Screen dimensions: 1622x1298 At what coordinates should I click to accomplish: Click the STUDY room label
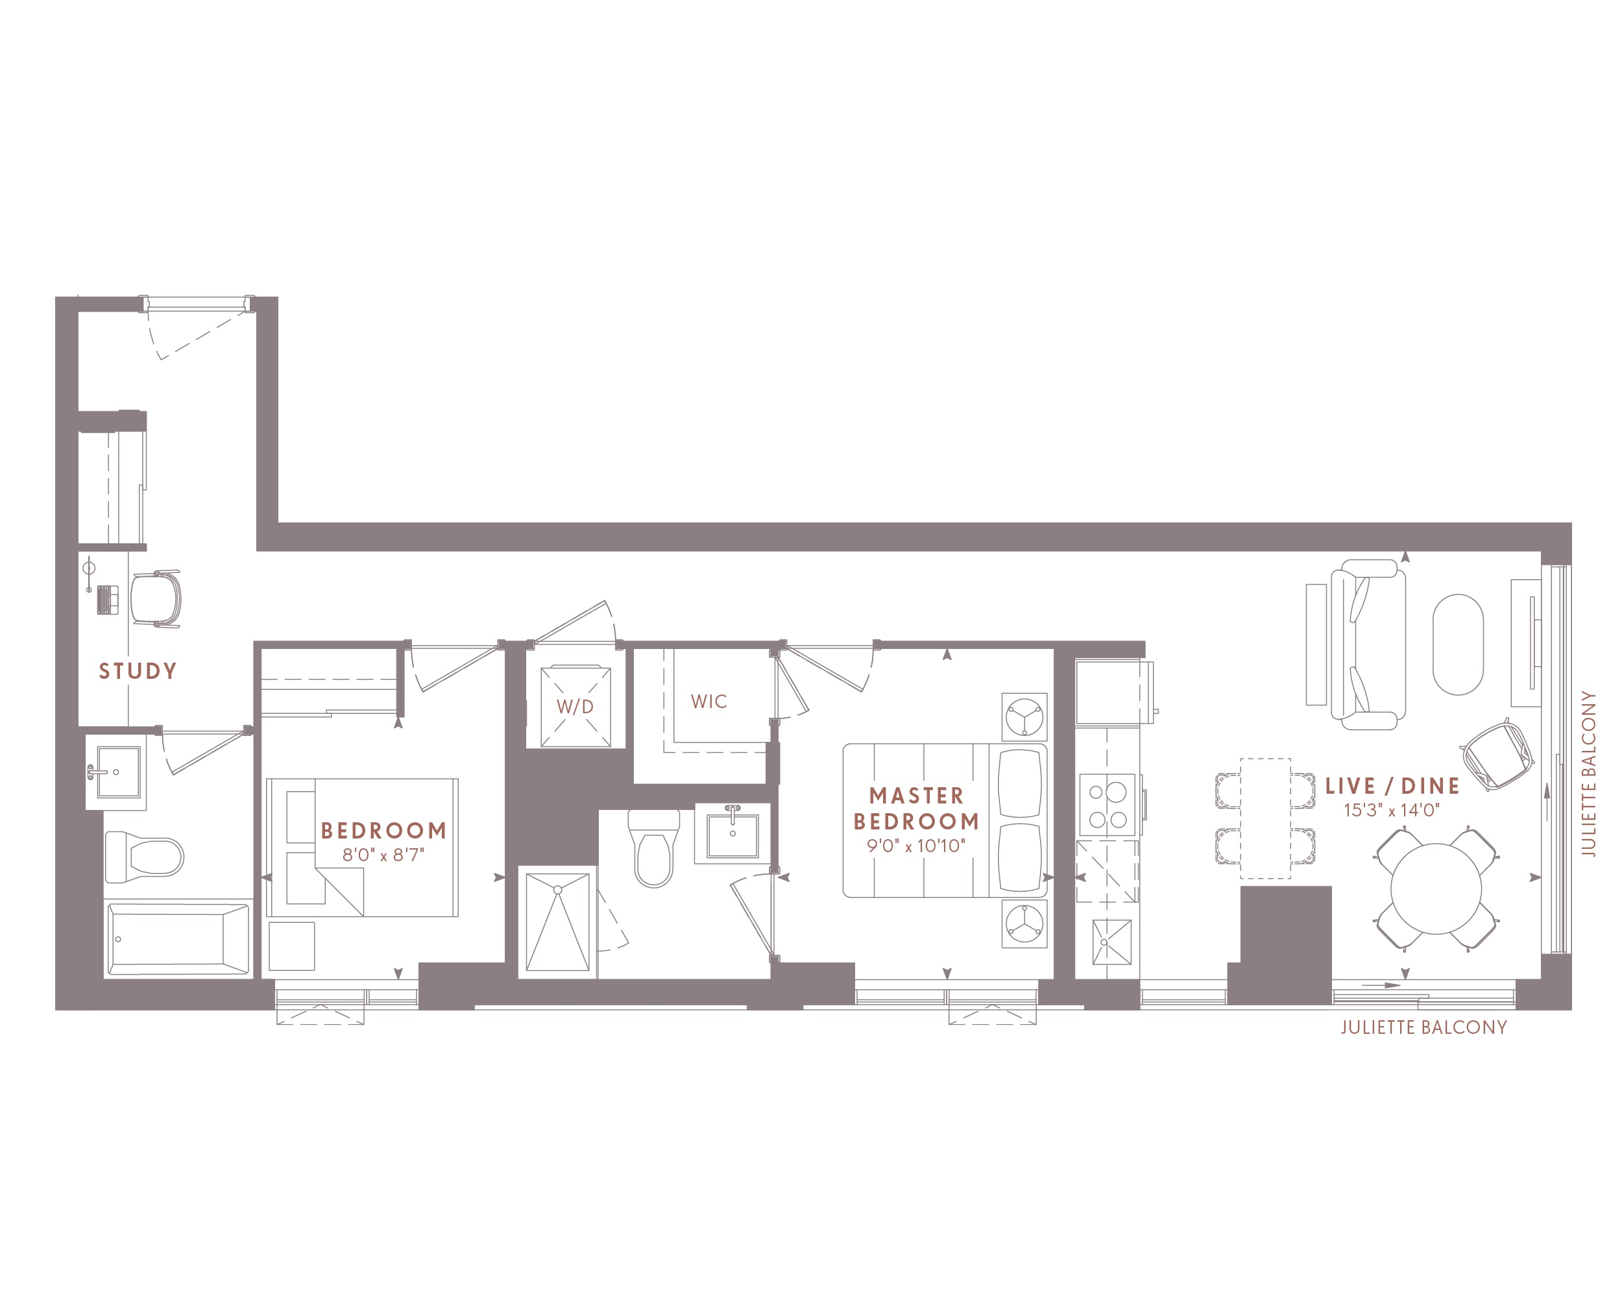pos(138,670)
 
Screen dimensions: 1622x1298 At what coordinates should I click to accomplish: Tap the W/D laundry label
pos(575,707)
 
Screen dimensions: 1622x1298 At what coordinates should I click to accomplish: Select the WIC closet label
pos(708,702)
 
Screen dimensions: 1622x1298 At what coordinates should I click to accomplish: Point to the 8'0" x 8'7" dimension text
pos(383,854)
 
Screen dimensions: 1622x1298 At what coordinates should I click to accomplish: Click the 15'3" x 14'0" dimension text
pos(1392,810)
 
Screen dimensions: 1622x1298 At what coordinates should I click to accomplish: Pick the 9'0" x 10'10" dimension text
pos(915,846)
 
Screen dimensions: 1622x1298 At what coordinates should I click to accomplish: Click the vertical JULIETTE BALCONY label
pos(1588,774)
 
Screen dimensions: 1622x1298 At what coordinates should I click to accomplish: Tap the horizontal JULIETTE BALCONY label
pos(1423,1027)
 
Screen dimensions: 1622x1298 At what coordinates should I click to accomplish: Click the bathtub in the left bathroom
pos(178,939)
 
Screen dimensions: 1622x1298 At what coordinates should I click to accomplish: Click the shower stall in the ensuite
pos(557,922)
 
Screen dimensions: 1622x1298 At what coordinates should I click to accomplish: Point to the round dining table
pos(1436,888)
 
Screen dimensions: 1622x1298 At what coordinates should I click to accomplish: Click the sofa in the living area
pos(1368,644)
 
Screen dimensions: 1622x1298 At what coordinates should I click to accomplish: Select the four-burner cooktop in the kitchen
pos(1108,805)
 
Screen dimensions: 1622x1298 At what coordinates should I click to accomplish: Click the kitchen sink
pos(1111,941)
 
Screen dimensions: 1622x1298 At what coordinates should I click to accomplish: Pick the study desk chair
pos(156,599)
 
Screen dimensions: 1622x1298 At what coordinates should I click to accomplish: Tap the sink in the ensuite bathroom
pos(732,833)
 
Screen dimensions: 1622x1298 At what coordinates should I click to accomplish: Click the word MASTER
pos(916,796)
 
